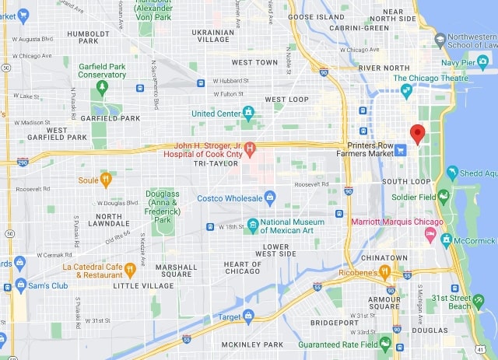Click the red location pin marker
(x=417, y=134)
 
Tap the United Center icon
(x=248, y=114)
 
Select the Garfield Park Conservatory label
(x=101, y=70)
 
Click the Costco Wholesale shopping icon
(x=270, y=197)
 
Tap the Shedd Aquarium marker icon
(x=452, y=173)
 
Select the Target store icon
(x=248, y=316)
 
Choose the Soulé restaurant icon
(x=107, y=180)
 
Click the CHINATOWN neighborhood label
(x=384, y=257)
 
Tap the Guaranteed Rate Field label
(x=337, y=344)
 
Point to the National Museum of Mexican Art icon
(x=252, y=225)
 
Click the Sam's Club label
(x=49, y=285)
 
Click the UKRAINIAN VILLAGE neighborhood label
(x=212, y=35)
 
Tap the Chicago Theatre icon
(x=406, y=92)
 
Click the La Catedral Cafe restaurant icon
(x=130, y=270)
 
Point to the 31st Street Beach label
(x=470, y=302)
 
